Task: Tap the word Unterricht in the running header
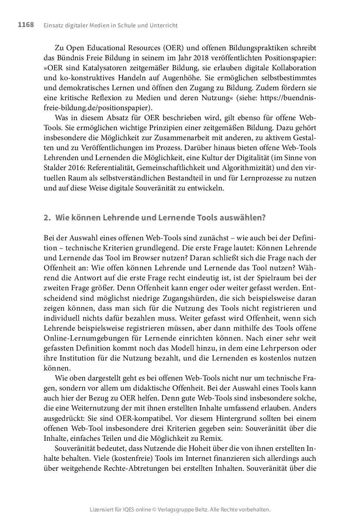tap(163, 26)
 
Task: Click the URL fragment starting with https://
tap(288, 98)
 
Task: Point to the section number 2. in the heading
tap(47, 217)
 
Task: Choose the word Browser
tap(128, 258)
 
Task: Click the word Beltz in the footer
tap(200, 510)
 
